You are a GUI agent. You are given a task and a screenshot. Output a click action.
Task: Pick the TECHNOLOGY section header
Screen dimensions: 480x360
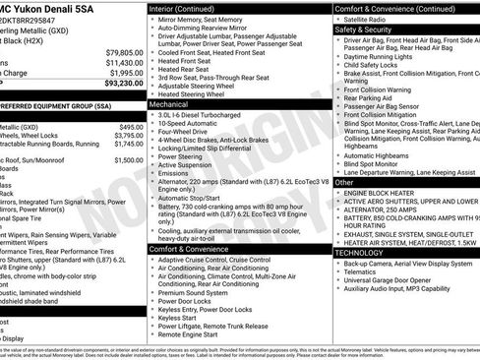(x=360, y=253)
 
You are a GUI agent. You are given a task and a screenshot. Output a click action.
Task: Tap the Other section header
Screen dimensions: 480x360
(x=344, y=182)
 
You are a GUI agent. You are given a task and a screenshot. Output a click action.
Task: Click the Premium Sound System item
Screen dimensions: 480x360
(x=195, y=292)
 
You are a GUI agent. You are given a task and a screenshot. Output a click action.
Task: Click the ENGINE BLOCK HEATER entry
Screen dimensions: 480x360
(x=385, y=193)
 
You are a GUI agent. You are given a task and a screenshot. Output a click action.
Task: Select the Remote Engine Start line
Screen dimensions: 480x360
(x=193, y=334)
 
